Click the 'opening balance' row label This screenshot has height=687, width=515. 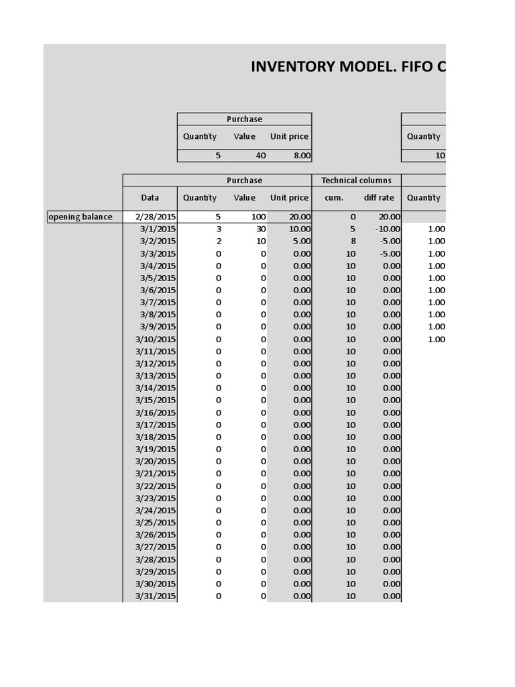(x=80, y=217)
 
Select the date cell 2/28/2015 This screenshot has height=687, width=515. (x=155, y=217)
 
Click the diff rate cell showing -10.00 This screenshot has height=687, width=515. (x=388, y=229)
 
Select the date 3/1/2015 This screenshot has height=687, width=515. (x=158, y=229)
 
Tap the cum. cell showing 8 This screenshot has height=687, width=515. (x=352, y=241)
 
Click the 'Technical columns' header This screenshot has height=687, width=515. (x=356, y=180)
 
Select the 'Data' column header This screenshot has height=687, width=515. (x=150, y=198)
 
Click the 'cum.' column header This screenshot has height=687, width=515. (x=334, y=198)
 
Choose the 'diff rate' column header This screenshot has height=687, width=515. (x=379, y=198)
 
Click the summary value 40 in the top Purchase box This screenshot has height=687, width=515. (x=260, y=156)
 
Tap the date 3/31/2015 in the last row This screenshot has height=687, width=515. (x=156, y=596)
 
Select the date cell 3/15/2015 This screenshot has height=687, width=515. (x=156, y=400)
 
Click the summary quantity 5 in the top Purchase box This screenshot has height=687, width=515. (x=218, y=156)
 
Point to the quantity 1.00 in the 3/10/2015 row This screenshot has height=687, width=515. (x=436, y=339)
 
